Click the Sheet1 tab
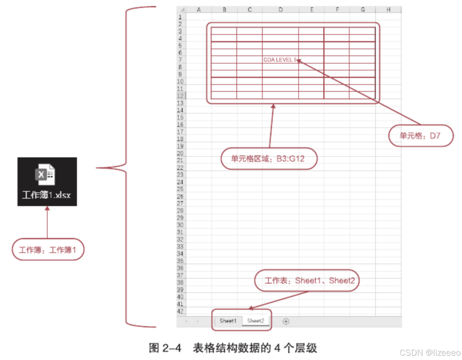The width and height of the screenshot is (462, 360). [x=228, y=321]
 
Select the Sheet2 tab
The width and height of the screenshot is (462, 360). [x=256, y=321]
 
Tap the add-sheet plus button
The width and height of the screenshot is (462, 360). [x=286, y=321]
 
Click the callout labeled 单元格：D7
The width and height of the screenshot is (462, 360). [x=420, y=135]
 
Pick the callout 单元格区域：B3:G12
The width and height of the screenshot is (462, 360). [x=268, y=158]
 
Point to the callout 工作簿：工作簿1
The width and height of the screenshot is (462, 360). [x=47, y=249]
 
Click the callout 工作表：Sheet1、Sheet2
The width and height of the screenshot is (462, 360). [x=307, y=281]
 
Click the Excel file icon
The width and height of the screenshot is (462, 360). [x=45, y=175]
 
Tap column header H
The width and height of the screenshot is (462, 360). [x=388, y=10]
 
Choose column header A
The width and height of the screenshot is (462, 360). [x=199, y=10]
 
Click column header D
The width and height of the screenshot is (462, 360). [x=280, y=10]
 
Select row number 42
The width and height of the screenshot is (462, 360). [x=180, y=311]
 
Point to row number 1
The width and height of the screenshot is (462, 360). [x=180, y=17]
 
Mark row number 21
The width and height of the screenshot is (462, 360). [x=180, y=160]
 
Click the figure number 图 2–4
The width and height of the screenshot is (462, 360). [x=165, y=348]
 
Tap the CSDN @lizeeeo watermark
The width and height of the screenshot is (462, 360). [x=428, y=352]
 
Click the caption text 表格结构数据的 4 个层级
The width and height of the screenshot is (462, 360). [x=255, y=348]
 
